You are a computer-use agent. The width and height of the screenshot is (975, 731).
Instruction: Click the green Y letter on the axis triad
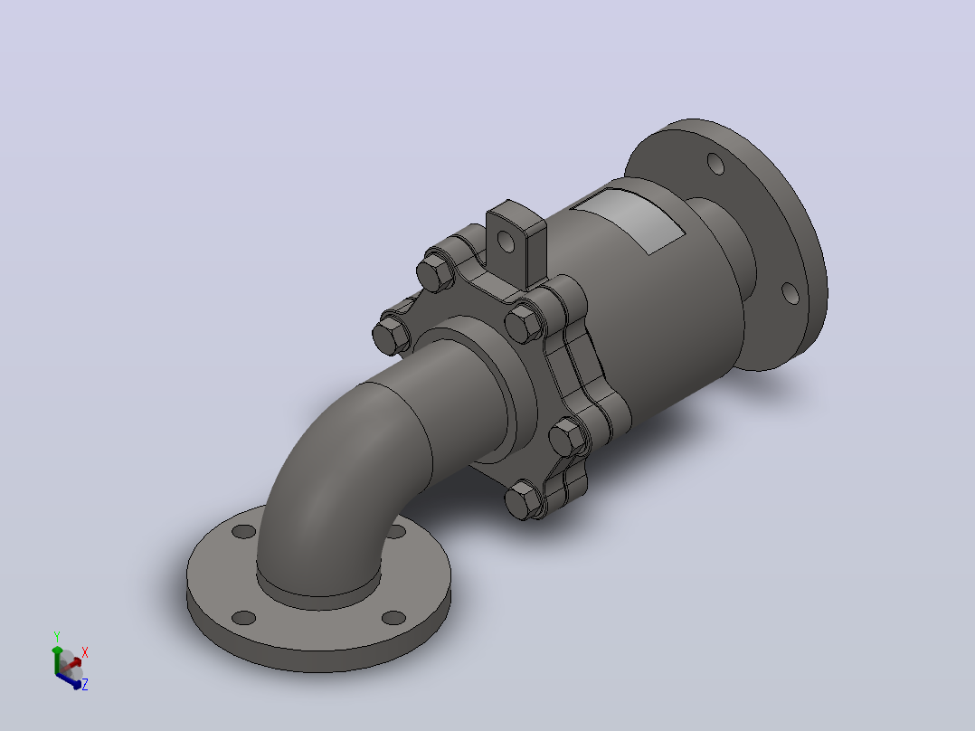[x=57, y=637]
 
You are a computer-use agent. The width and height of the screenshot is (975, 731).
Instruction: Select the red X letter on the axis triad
[x=85, y=652]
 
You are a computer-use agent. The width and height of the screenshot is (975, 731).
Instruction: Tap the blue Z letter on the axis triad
[x=85, y=684]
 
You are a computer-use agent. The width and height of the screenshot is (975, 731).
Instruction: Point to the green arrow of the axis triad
[x=57, y=660]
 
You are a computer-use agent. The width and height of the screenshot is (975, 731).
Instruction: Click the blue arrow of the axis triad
[x=69, y=681]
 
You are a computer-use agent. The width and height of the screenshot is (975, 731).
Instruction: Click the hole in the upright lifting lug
[x=506, y=241]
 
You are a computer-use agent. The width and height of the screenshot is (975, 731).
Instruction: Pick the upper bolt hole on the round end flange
[x=715, y=164]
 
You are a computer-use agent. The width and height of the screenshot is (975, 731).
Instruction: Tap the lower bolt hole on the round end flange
[x=790, y=292]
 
